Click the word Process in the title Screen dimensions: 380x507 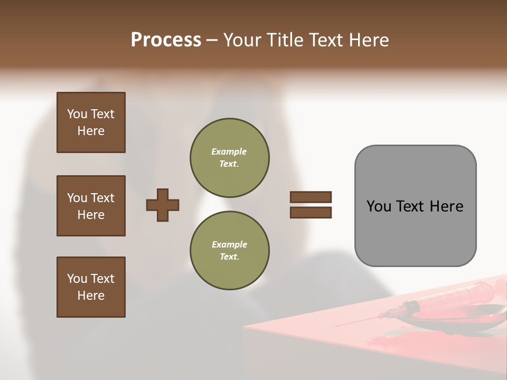tap(166, 40)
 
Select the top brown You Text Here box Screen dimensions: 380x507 tap(91, 122)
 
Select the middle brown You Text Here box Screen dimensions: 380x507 tap(91, 206)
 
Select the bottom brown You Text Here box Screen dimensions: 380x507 tap(91, 287)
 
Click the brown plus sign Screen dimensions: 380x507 tap(163, 205)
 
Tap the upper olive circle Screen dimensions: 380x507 tap(229, 157)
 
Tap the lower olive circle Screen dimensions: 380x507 tap(229, 250)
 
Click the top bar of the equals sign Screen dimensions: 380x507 tap(311, 197)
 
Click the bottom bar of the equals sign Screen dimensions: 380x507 tap(311, 212)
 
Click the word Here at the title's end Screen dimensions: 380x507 tap(370, 40)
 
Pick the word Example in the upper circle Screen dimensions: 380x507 tap(229, 151)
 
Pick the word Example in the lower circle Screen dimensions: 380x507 tap(229, 244)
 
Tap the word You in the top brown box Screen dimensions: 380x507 tap(77, 114)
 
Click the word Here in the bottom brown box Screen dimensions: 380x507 tap(91, 296)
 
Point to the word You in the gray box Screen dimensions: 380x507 tap(379, 206)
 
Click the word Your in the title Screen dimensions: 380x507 tap(242, 40)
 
